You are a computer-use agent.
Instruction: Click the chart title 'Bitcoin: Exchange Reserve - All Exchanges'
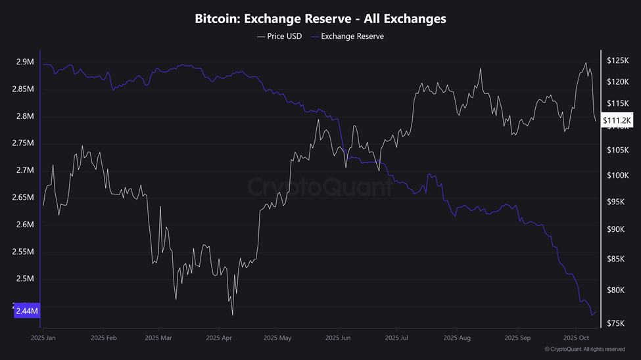point(320,18)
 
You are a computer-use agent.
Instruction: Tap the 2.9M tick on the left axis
point(25,62)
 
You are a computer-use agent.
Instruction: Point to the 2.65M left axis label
point(23,198)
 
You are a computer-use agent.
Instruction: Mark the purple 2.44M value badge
point(27,311)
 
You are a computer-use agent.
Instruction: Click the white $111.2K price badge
point(618,120)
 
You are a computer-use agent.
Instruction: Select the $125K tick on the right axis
point(618,60)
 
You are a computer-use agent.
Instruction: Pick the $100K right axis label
point(618,175)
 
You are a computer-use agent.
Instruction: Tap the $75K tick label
point(617,323)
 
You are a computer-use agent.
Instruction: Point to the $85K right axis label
point(617,259)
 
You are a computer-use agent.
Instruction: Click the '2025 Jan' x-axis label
point(43,338)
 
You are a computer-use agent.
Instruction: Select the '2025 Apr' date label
point(219,338)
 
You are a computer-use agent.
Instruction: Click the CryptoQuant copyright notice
point(585,349)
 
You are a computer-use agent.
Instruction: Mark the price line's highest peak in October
point(586,63)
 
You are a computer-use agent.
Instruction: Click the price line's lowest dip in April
point(233,315)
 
